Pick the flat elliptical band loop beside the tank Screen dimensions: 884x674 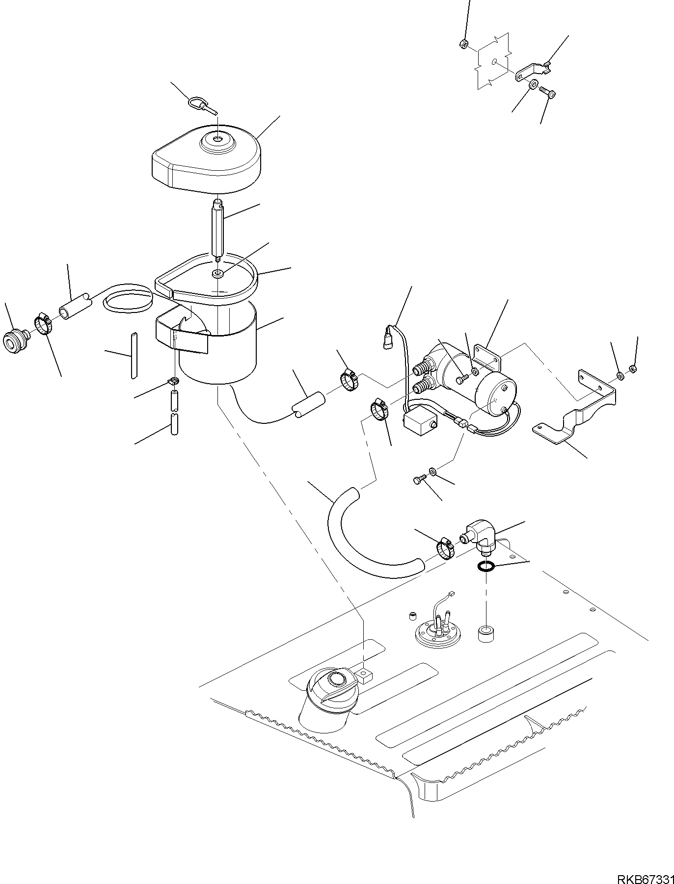click(x=127, y=300)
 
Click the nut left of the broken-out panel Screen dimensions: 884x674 click(x=463, y=44)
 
